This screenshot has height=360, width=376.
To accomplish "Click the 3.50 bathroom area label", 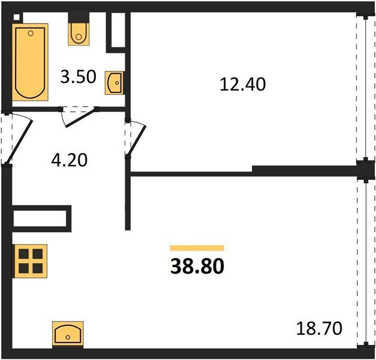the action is click(78, 77).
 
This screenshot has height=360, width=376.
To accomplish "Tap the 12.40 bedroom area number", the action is click(242, 84).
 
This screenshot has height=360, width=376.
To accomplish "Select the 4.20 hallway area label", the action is click(70, 160).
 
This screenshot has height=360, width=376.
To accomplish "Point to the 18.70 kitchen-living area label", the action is click(319, 329).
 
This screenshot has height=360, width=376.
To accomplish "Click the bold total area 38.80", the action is click(197, 266).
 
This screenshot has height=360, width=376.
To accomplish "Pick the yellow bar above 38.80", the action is click(197, 248).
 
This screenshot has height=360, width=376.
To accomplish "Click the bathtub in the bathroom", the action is click(30, 62).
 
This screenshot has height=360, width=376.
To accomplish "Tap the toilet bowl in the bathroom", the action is click(79, 34).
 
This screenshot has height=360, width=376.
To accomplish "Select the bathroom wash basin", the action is click(115, 83).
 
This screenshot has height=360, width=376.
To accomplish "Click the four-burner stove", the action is click(31, 261).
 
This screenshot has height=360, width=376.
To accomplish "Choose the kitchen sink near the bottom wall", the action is click(68, 334).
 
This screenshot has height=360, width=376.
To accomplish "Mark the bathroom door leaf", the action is click(80, 118).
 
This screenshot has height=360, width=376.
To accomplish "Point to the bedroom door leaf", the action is click(137, 140).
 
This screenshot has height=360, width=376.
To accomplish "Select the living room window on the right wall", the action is click(366, 263).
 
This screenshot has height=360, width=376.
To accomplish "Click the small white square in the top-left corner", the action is click(17, 17).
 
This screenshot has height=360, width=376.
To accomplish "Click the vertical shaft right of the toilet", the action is click(118, 30).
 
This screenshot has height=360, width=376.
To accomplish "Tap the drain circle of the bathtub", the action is click(31, 34).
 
